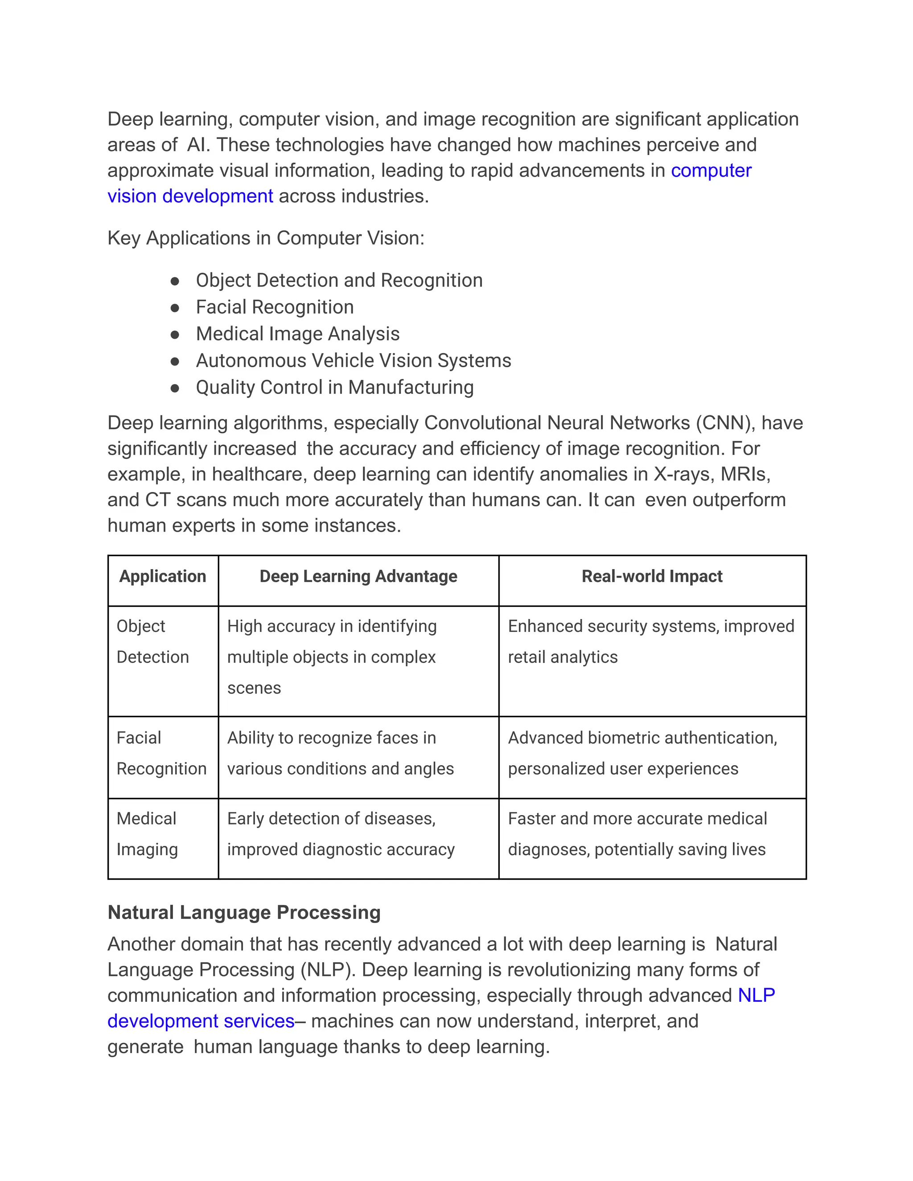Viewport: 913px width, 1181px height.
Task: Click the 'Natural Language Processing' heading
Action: point(244,912)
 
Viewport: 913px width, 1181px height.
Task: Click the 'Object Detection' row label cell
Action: point(153,641)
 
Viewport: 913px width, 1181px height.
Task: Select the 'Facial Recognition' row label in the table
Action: point(161,753)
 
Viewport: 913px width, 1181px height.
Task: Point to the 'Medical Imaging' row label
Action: point(147,834)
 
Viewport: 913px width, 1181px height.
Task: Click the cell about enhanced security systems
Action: point(651,641)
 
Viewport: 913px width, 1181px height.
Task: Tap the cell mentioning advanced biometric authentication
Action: point(642,753)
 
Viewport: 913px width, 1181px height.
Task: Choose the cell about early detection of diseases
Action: point(341,834)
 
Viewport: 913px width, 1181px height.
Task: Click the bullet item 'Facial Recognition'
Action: point(275,307)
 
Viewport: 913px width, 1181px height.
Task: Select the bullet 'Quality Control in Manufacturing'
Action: point(335,387)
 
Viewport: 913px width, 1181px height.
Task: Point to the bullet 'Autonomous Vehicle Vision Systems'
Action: point(353,361)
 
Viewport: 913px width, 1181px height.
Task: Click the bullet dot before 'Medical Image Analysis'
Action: point(175,335)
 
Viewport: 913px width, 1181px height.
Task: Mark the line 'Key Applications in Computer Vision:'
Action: point(266,238)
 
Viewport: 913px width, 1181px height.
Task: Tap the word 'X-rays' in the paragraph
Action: point(683,474)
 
